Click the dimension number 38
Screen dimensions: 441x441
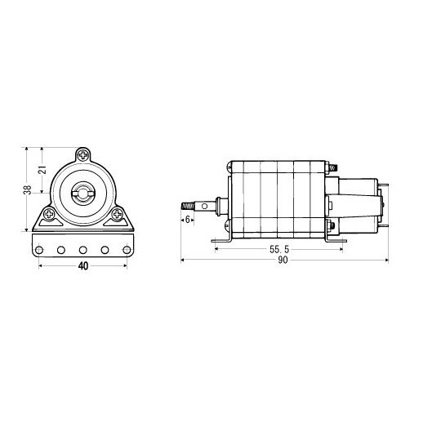tap(28, 189)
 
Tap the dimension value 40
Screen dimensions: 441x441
tap(82, 265)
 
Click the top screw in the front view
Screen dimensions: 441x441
tap(83, 154)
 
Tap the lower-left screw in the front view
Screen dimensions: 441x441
tap(51, 216)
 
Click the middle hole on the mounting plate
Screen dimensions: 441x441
tap(83, 249)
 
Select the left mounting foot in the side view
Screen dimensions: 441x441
tap(220, 238)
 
